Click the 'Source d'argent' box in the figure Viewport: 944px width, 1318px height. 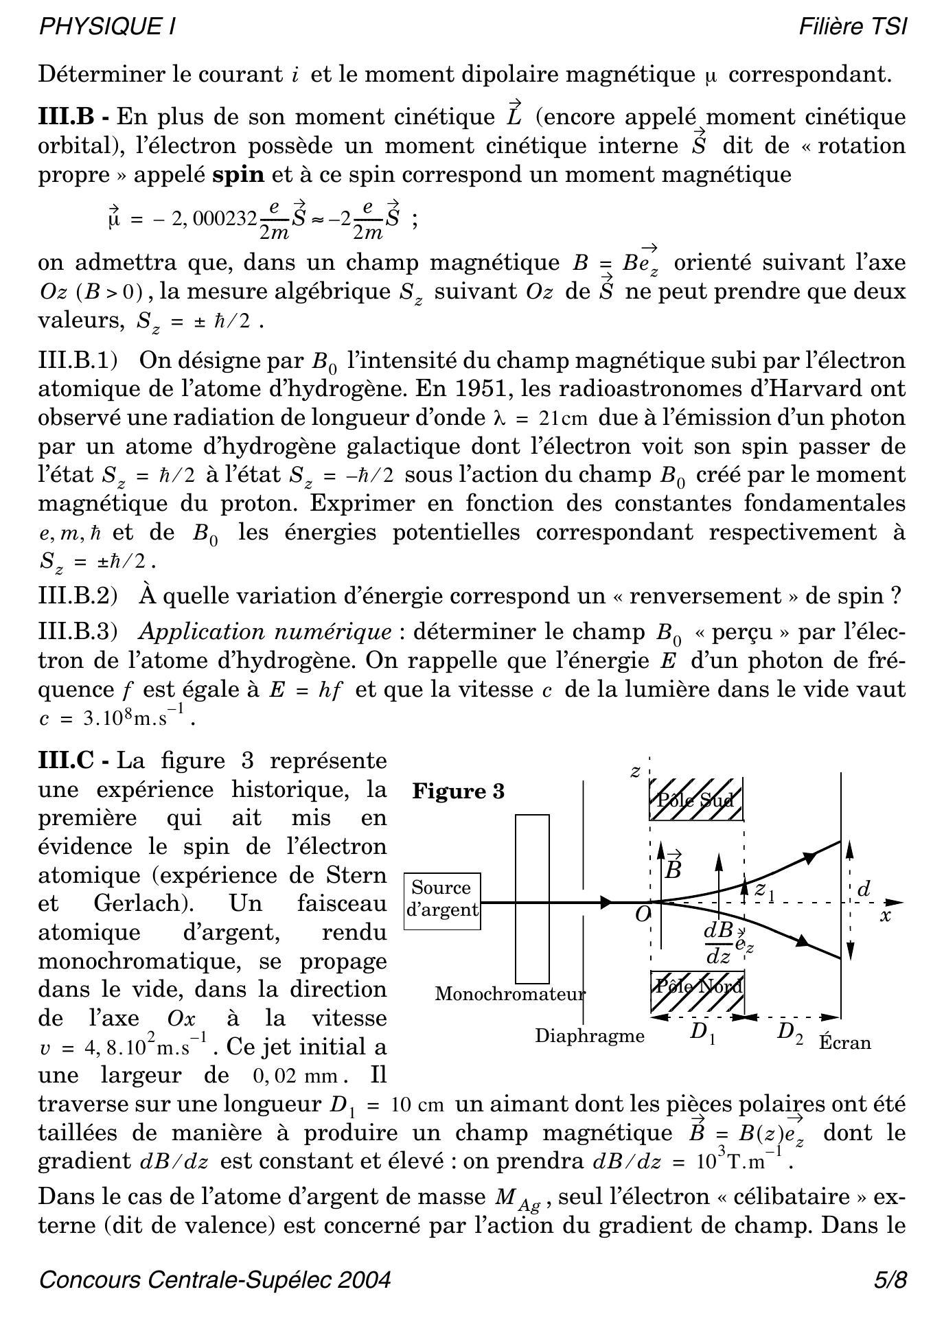point(442,901)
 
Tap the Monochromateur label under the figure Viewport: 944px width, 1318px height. point(510,993)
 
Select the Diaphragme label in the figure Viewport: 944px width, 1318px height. point(590,1035)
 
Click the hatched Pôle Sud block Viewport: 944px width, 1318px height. point(695,799)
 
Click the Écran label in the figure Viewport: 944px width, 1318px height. point(844,1043)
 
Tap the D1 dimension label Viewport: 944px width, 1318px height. point(702,1032)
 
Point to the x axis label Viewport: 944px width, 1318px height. point(886,916)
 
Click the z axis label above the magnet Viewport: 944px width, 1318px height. point(635,772)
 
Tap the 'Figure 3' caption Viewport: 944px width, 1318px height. point(458,791)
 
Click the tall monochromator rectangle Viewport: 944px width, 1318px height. point(532,899)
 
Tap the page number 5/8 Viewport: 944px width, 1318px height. point(890,1280)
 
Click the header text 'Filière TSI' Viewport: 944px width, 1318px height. point(853,27)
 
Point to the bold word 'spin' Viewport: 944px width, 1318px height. point(238,174)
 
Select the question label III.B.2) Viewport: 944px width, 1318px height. point(78,595)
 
